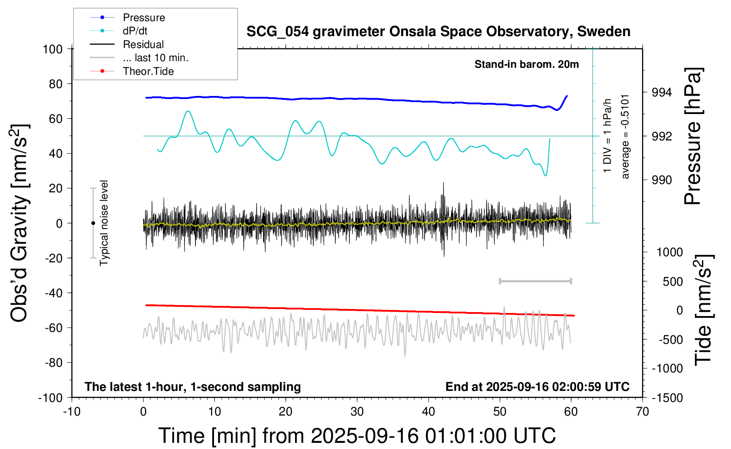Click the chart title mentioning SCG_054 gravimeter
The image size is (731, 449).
[438, 32]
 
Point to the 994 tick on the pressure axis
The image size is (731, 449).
[661, 92]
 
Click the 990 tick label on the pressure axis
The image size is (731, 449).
[661, 180]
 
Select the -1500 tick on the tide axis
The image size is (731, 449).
[668, 398]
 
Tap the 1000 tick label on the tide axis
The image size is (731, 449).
[670, 252]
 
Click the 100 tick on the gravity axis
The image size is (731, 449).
[52, 49]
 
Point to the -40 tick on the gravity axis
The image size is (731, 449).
[54, 293]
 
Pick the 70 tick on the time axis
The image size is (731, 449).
[642, 412]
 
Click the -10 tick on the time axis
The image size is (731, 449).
[72, 412]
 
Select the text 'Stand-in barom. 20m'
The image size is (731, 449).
[527, 64]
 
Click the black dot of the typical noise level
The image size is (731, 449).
[93, 223]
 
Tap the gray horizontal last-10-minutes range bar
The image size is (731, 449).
[535, 281]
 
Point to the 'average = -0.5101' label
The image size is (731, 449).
[624, 137]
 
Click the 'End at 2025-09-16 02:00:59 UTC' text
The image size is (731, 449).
[538, 386]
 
